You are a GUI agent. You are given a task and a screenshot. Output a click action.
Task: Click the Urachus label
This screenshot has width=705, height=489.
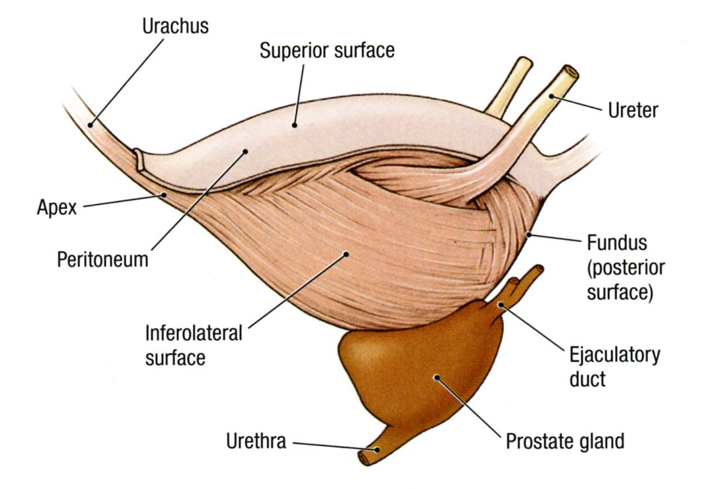click(x=175, y=27)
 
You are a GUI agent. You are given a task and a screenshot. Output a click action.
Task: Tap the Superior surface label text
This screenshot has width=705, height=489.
click(x=326, y=51)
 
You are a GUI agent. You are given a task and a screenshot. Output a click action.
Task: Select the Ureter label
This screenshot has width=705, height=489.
click(x=632, y=110)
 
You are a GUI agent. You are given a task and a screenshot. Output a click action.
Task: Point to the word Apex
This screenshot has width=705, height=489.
click(x=57, y=208)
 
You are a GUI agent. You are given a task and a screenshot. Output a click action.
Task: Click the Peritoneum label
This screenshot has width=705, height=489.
click(x=102, y=259)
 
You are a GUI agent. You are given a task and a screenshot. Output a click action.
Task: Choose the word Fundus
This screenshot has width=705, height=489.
click(x=616, y=244)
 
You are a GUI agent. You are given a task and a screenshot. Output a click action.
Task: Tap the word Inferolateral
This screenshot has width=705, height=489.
click(x=194, y=333)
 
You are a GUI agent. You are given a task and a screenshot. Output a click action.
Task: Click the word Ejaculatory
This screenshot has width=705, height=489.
click(x=614, y=355)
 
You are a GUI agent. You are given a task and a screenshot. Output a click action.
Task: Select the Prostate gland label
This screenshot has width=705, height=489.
click(x=565, y=441)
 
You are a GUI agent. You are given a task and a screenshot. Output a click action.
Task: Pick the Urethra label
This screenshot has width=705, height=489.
click(x=256, y=441)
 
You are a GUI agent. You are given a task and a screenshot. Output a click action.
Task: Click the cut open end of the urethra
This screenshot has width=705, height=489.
click(x=363, y=457)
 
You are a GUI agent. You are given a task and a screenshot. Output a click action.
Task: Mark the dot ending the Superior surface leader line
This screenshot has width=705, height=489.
click(x=295, y=123)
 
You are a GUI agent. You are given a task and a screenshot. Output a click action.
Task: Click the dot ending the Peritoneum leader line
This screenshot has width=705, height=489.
click(x=245, y=151)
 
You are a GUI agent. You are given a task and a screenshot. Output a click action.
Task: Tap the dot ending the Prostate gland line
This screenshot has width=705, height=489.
click(x=436, y=377)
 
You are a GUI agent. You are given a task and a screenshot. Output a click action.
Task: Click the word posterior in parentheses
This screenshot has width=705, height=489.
click(x=625, y=269)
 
